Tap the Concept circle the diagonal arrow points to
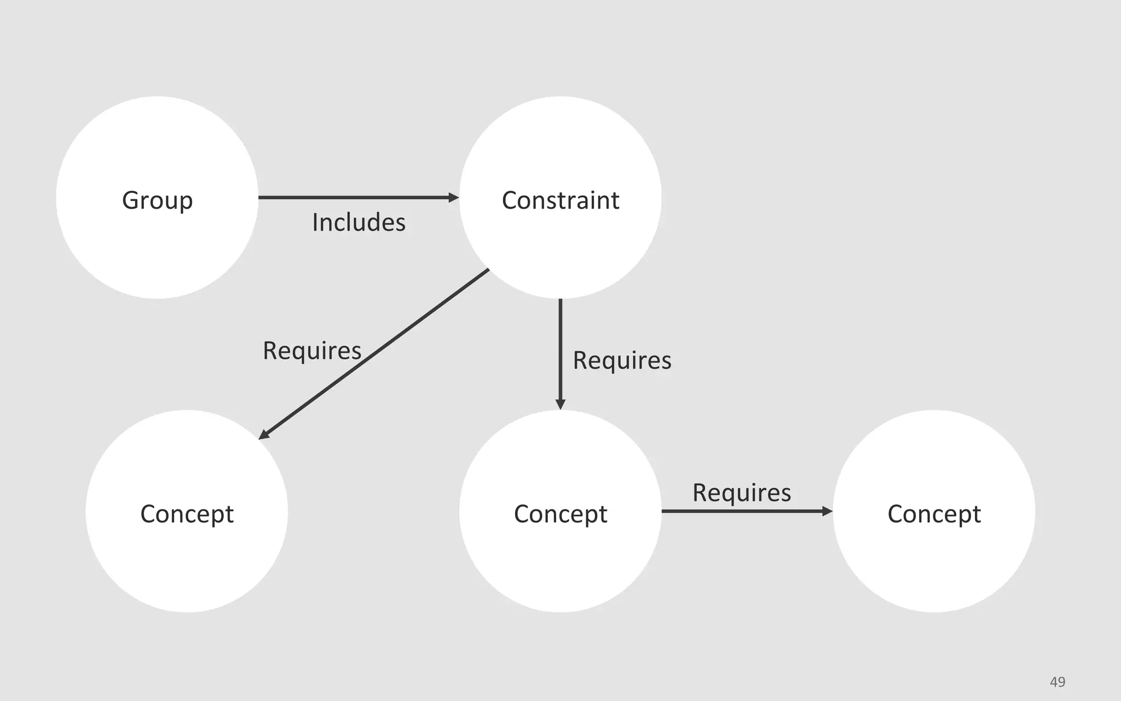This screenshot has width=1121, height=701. point(187,564)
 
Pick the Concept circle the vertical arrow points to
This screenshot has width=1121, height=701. point(560,564)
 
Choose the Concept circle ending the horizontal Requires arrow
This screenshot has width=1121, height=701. point(934,564)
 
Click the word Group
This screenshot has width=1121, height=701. point(157,200)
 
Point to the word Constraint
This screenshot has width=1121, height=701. point(560,200)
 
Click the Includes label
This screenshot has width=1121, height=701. point(359,222)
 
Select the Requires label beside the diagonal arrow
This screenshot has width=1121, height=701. point(312,350)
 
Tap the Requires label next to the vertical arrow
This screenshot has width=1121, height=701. point(622,360)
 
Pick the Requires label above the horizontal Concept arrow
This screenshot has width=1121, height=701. point(742,492)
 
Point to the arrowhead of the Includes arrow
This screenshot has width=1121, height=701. point(454,197)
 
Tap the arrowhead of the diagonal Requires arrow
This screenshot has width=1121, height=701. point(263,435)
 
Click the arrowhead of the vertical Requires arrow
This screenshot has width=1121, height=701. point(560,404)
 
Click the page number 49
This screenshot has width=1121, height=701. point(1058,682)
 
